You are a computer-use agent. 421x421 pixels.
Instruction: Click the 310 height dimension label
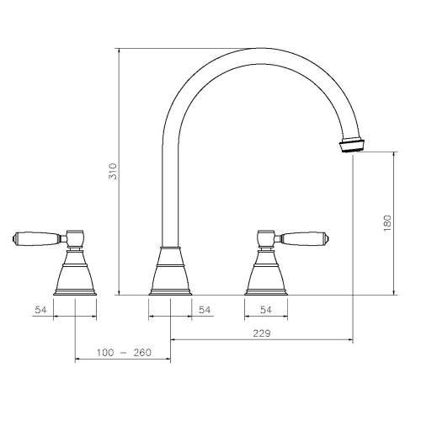click(113, 171)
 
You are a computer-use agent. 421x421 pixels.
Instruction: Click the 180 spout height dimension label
click(387, 223)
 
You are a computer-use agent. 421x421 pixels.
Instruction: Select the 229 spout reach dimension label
click(262, 333)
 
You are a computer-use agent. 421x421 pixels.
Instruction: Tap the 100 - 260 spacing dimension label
click(124, 353)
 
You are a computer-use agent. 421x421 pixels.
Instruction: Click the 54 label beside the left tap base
click(40, 310)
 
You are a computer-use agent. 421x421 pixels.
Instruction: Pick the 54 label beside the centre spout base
click(205, 310)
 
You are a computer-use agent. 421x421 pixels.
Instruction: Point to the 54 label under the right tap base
click(266, 310)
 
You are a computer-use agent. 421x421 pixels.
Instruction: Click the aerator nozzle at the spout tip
click(352, 145)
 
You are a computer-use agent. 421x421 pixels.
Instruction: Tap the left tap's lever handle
click(36, 239)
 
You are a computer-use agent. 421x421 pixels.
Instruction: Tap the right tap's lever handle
click(304, 239)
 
